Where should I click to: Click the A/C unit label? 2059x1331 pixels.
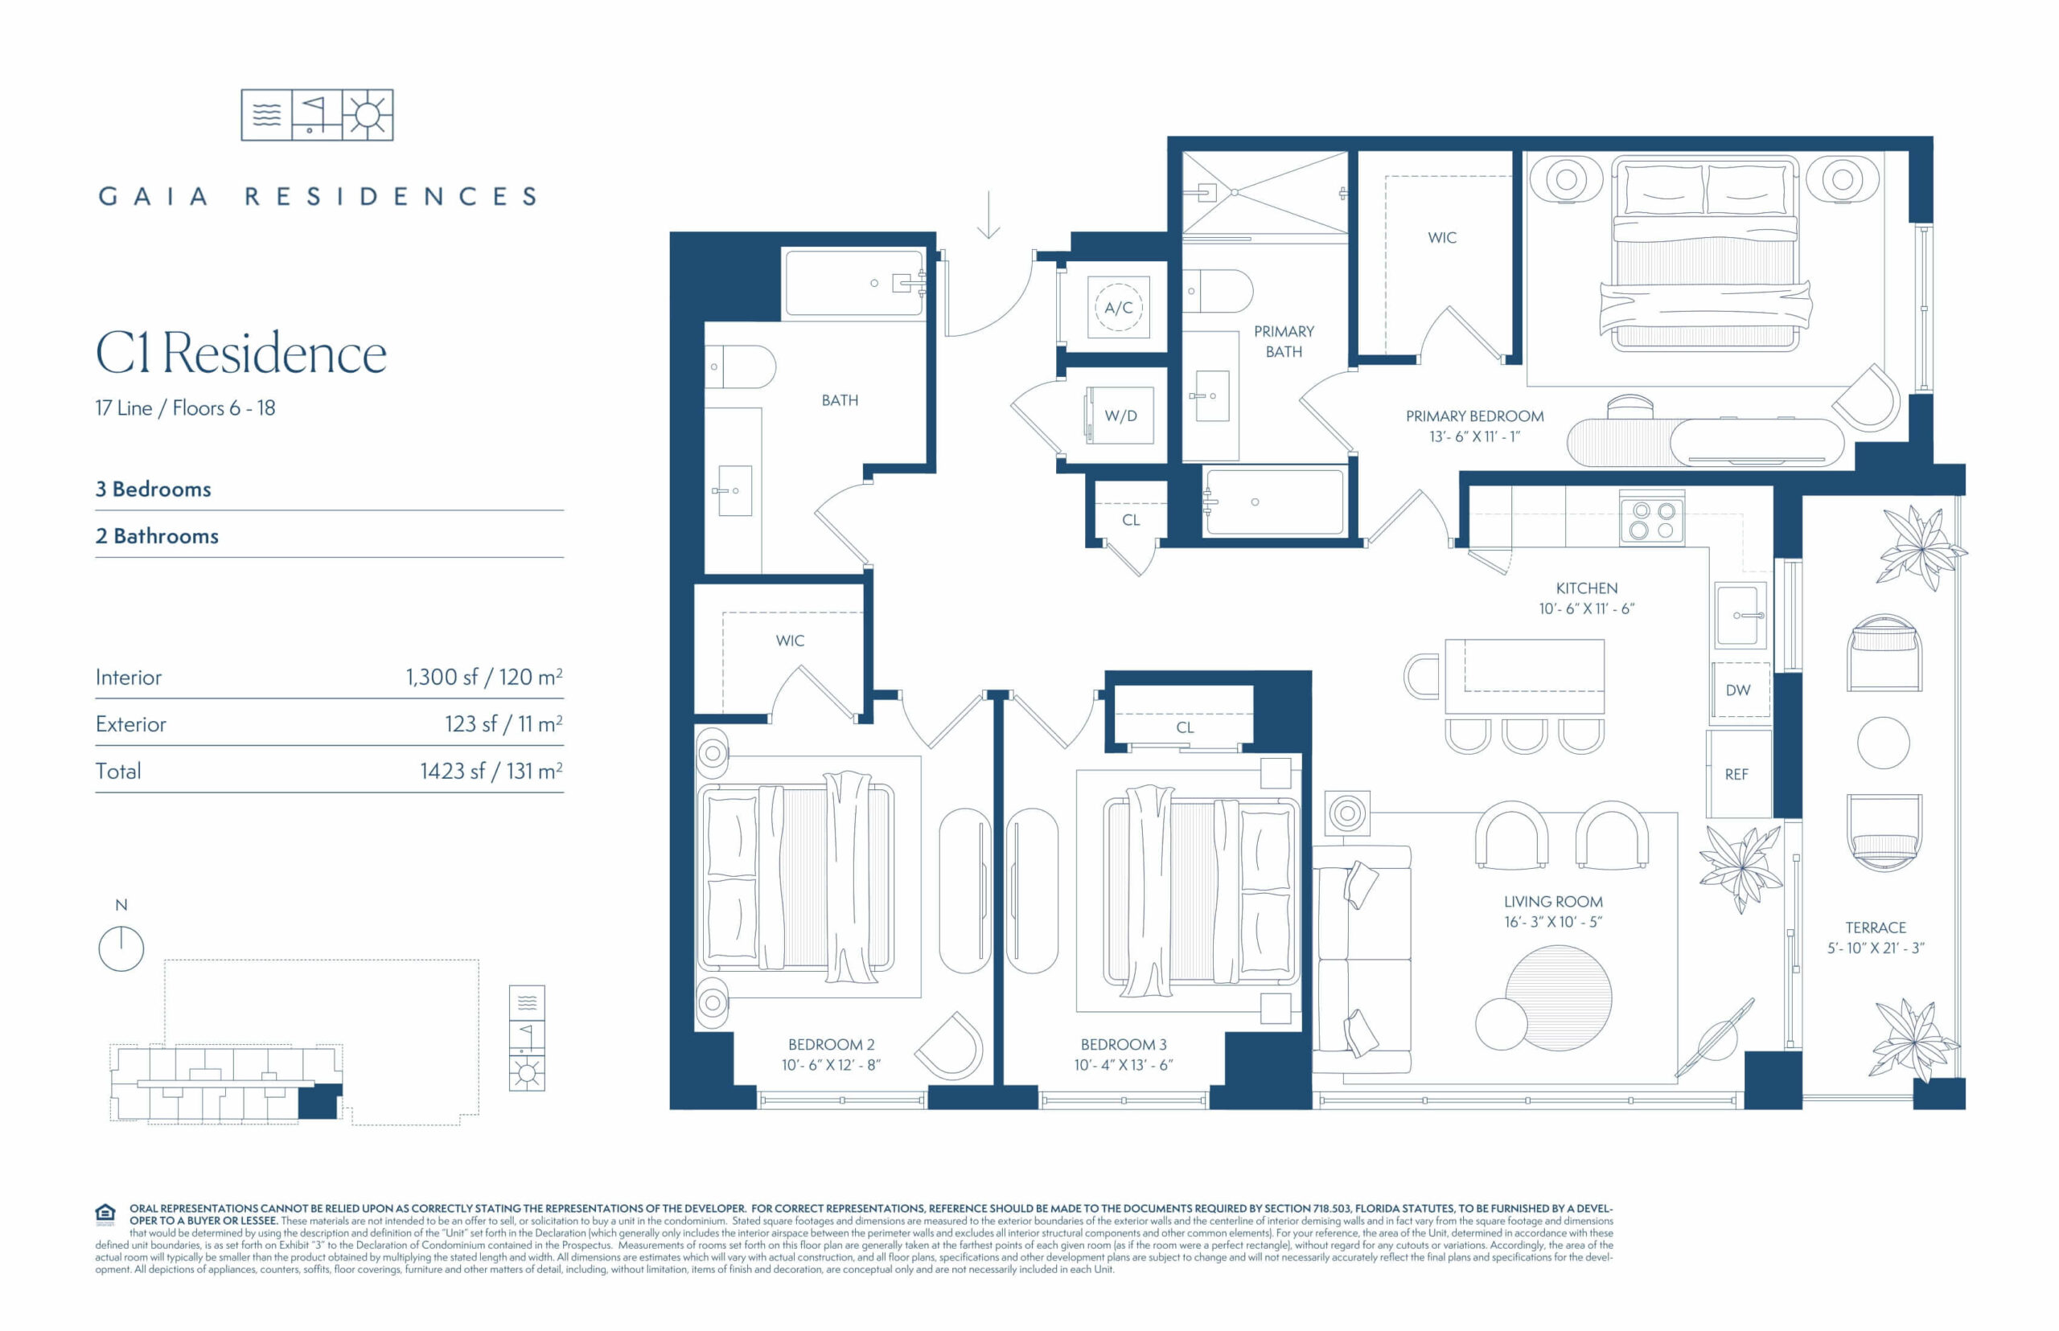click(x=1118, y=308)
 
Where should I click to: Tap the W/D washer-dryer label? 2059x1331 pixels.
click(x=1120, y=416)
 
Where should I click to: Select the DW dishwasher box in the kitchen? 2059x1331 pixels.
click(x=1738, y=690)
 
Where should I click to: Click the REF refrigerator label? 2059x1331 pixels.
click(x=1736, y=774)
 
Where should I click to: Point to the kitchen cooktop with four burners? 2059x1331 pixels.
click(x=1653, y=518)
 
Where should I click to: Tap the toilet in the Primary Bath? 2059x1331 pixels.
click(x=1218, y=291)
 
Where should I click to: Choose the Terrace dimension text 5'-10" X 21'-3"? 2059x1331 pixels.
click(x=1876, y=948)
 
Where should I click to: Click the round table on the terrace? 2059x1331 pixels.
click(x=1884, y=743)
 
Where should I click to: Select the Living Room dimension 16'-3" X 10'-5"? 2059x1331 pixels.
click(x=1553, y=922)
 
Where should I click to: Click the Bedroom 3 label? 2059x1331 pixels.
click(x=1124, y=1045)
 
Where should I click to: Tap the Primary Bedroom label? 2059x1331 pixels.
click(x=1474, y=416)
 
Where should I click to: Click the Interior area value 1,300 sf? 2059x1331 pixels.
click(x=442, y=678)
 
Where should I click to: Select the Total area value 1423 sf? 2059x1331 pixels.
click(x=449, y=772)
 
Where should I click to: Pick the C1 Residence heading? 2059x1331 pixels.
click(x=241, y=354)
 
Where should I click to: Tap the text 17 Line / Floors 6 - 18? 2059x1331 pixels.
click(x=185, y=408)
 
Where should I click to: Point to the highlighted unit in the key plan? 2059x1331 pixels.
click(x=319, y=1102)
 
